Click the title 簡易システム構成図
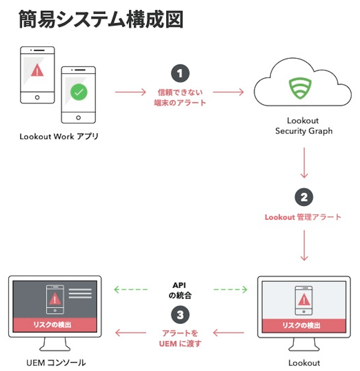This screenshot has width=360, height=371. (x=101, y=19)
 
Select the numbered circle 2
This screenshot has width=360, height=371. (x=304, y=197)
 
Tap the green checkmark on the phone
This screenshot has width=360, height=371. (x=79, y=92)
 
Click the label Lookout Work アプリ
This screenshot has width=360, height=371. (x=59, y=137)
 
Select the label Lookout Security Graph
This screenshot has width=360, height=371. (x=303, y=126)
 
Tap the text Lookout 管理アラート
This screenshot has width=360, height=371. (x=303, y=217)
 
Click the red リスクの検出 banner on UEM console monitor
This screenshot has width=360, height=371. (x=55, y=325)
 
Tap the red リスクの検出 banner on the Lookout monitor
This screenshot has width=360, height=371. (x=303, y=325)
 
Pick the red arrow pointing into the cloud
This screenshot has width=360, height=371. (x=228, y=92)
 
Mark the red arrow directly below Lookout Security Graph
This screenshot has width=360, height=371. (x=304, y=163)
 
